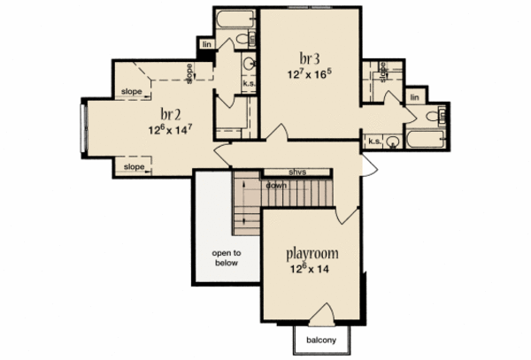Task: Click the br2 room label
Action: pos(171,113)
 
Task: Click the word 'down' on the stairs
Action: pos(274,186)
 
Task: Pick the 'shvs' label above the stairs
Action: pos(297,172)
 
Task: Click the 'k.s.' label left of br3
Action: pos(250,83)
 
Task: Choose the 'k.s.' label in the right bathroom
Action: pos(375,140)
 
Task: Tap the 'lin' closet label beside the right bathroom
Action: pos(415,96)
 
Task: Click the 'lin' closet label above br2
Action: pos(207,43)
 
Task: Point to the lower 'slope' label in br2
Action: pos(134,166)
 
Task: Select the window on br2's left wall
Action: pos(85,129)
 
